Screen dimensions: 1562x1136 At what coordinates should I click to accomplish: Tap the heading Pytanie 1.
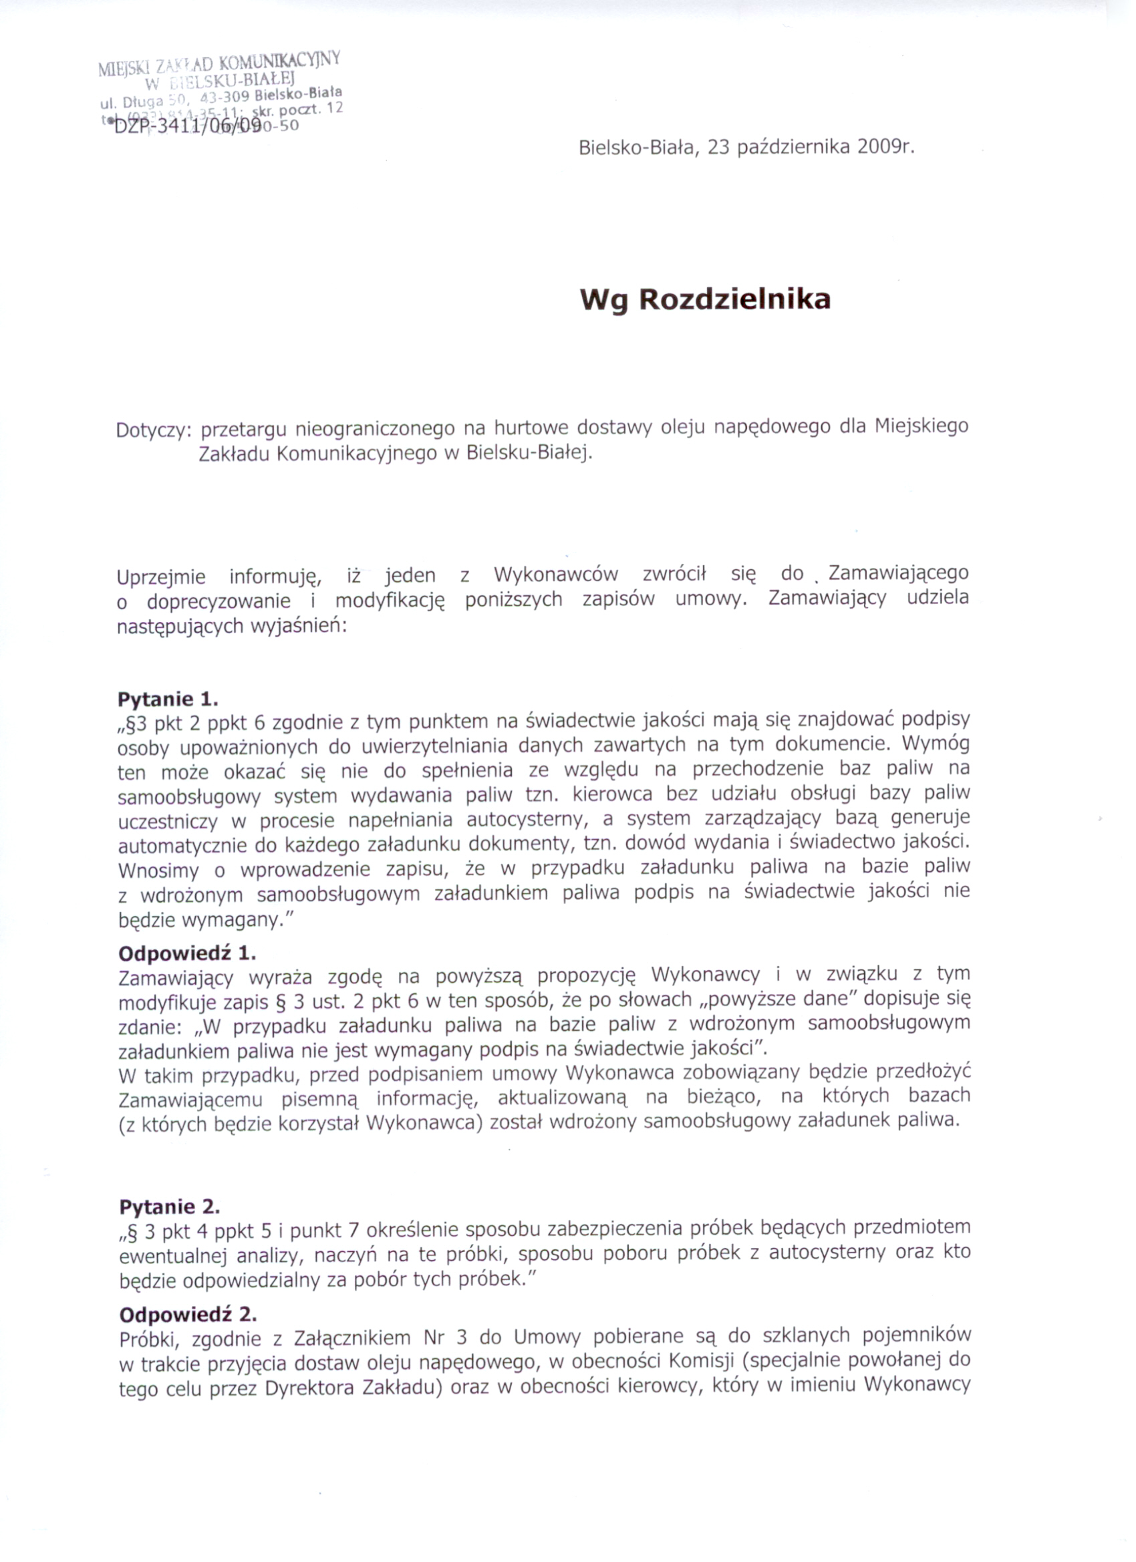[x=168, y=699]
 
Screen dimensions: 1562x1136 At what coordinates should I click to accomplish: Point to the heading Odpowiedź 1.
[x=186, y=953]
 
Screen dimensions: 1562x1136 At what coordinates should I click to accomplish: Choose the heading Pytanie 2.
[x=170, y=1207]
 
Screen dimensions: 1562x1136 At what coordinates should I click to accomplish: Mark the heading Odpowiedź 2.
[x=188, y=1314]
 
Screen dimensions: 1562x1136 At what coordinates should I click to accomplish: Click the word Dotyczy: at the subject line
[x=152, y=431]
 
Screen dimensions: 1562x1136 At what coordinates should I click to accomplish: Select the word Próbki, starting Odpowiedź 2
[x=150, y=1340]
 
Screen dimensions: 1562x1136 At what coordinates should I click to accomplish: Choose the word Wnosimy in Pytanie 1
[x=158, y=871]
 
